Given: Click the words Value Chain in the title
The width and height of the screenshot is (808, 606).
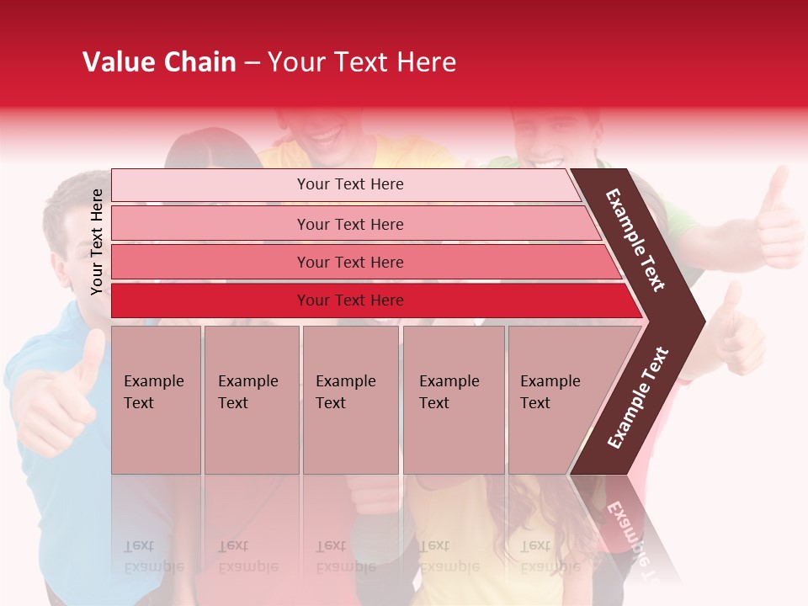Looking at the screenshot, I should coord(159,62).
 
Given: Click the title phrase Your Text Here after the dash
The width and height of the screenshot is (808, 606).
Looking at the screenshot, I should coord(362,62).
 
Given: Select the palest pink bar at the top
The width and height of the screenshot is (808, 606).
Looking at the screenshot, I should coord(349,184).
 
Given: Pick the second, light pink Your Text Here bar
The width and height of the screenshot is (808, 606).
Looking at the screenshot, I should coord(349,224).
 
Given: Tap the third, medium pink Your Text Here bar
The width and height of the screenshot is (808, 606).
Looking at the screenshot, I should coord(349,262).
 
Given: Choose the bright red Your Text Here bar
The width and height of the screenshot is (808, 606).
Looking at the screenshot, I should coord(349,300).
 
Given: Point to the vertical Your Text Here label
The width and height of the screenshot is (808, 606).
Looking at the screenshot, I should coord(98,242).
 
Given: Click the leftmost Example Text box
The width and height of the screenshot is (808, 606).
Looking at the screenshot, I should coord(156,400).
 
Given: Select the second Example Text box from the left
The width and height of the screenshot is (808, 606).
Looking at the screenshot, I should coord(251,400).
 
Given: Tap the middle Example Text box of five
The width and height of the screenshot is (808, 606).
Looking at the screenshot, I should coord(349,400).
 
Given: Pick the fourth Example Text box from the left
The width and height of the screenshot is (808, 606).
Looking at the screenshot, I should coord(453,400).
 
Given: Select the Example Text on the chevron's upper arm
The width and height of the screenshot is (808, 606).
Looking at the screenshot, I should coord(635,240).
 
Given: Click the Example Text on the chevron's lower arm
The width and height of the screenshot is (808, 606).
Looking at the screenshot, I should coord(638,397).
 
